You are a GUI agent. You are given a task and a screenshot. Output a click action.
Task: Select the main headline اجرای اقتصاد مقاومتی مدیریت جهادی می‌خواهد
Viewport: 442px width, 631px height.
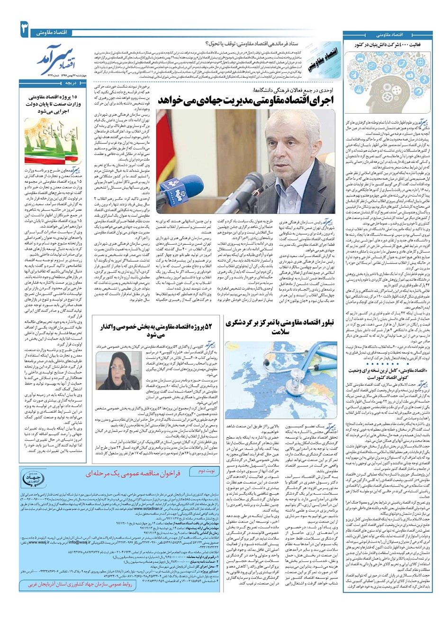(x=246, y=100)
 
